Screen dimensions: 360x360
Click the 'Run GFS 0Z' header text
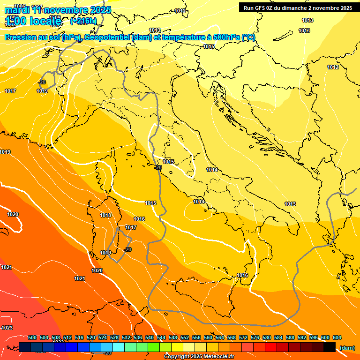point(264,7)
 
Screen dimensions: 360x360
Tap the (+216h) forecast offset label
point(83,21)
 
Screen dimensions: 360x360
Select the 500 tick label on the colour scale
point(32,337)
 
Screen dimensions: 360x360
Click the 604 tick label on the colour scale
point(337,337)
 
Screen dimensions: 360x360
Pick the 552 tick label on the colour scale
point(185,337)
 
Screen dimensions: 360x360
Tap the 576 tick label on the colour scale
point(255,337)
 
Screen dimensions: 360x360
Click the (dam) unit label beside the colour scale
point(347,347)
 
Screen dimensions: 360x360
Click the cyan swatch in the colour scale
point(119,347)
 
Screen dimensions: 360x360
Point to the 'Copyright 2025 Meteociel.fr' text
point(199,357)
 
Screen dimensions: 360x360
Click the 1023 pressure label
point(7,328)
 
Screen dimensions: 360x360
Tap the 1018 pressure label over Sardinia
point(105,215)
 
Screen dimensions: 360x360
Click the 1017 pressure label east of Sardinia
point(131,227)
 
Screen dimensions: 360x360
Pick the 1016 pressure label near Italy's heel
point(242,275)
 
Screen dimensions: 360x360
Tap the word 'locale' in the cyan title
point(44,21)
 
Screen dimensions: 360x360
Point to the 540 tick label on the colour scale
point(150,337)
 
